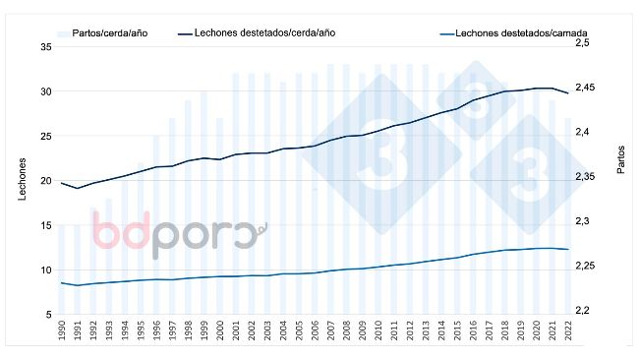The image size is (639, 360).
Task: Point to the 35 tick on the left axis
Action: point(46,47)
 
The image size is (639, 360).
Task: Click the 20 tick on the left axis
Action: point(46,181)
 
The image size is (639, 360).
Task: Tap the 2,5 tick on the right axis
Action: point(581,44)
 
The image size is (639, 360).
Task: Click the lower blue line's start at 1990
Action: point(62,283)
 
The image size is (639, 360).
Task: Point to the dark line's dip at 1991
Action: point(78,188)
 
